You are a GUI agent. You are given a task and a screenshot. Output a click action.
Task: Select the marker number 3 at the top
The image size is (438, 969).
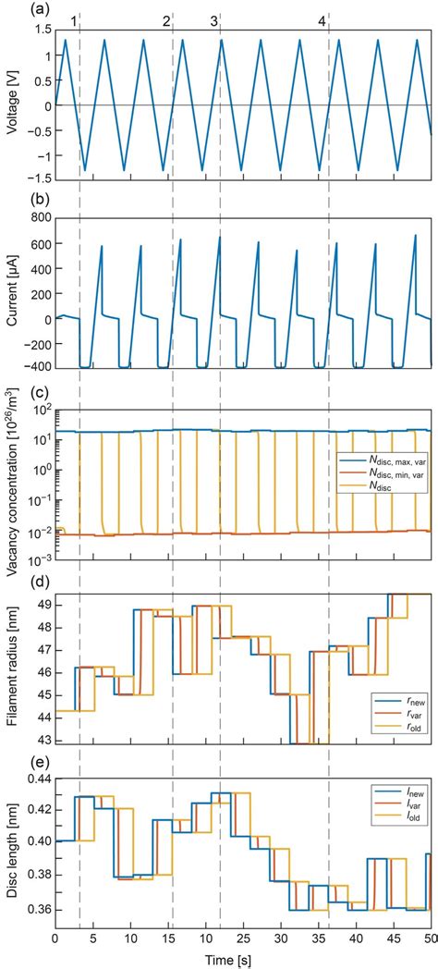click(x=214, y=20)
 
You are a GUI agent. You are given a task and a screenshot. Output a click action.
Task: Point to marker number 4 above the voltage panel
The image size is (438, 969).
click(x=322, y=20)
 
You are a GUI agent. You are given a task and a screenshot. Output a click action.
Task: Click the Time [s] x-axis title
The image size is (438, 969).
click(x=242, y=960)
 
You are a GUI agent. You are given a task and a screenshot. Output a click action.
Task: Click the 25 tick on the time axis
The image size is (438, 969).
click(x=242, y=940)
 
